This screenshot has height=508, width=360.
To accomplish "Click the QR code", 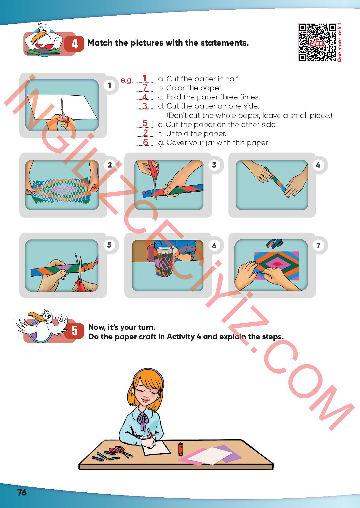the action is coord(317,43).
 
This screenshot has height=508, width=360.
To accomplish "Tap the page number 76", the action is coord(22,492).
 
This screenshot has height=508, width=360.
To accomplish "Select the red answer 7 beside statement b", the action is coord(145,88).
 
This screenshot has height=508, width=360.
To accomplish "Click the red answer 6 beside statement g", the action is coord(146,142).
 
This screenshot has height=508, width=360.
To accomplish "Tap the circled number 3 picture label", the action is coord(214,165).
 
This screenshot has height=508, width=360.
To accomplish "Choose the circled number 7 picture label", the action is coord(318,245).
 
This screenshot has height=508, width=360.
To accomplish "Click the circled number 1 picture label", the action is coord(110,85).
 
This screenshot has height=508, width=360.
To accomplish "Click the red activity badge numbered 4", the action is coord(74,43).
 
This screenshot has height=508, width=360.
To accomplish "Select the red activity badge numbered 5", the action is coord(74,331).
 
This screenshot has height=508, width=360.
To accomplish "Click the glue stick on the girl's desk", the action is coord(180,449).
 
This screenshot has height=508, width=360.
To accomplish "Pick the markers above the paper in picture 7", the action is coord(274,243).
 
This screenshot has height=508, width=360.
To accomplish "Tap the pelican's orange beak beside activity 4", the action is coord(38,37).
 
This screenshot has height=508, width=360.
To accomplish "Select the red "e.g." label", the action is coord(127,80).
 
